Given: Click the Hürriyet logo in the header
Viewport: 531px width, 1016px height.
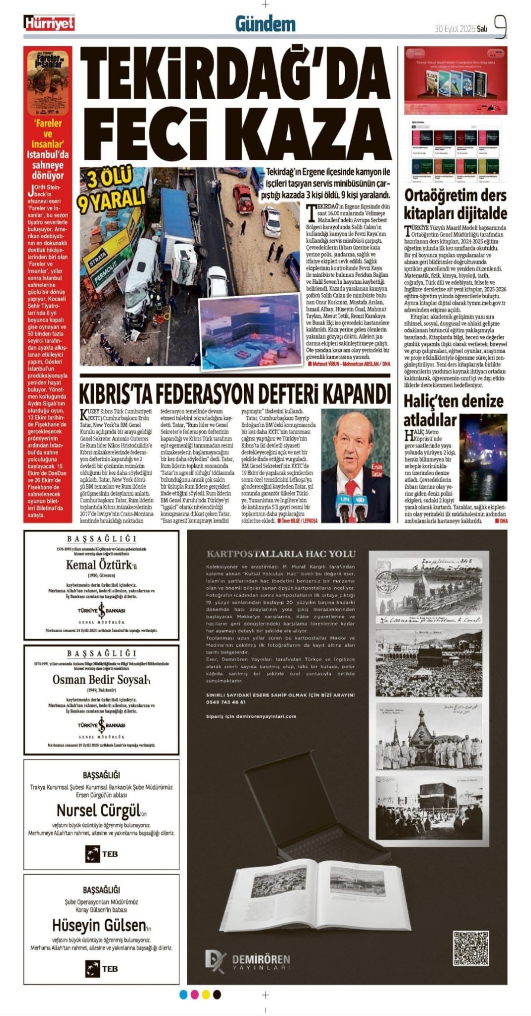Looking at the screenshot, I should click(x=49, y=23).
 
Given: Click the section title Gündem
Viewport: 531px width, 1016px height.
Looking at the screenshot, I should click(x=265, y=23).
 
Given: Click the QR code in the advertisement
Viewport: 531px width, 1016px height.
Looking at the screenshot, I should click(x=470, y=950).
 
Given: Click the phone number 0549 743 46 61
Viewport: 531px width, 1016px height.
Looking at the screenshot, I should click(x=226, y=702).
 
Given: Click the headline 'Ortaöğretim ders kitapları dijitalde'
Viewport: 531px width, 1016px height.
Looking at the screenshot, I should click(x=455, y=204).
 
